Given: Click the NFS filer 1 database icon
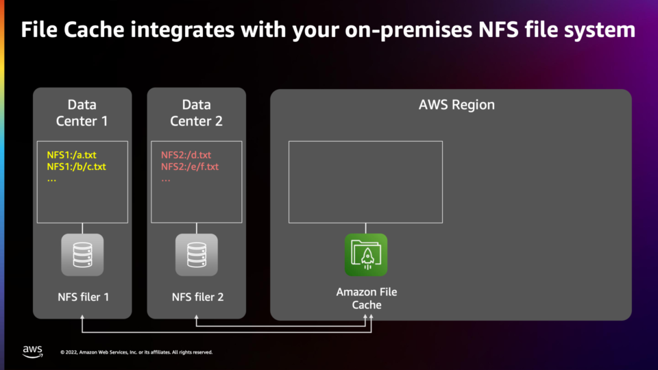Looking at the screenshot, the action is click(x=82, y=255).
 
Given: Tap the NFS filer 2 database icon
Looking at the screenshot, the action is click(x=197, y=255).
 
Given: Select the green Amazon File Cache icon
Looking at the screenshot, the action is click(x=366, y=255).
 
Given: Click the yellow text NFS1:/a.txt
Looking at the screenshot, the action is click(x=72, y=155).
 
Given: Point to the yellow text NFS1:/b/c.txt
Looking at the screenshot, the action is click(x=76, y=166).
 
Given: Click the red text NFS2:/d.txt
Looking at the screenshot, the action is click(x=186, y=155).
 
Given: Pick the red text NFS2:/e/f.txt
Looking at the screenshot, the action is click(x=190, y=166).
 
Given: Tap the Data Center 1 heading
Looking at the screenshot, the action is click(x=82, y=113).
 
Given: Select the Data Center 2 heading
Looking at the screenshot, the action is click(x=197, y=113).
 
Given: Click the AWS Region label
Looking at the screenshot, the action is click(x=456, y=105).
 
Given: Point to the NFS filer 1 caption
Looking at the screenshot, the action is click(x=83, y=297).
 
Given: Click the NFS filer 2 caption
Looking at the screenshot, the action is click(x=197, y=297).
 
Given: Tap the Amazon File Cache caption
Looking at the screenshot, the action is click(x=366, y=298).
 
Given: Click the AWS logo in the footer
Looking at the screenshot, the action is click(x=33, y=351).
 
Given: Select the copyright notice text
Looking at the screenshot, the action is click(x=136, y=352).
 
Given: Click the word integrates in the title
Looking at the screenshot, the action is click(x=182, y=29).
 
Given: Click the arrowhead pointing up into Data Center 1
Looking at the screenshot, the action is click(x=82, y=317).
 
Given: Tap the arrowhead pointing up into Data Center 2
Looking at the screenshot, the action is click(x=197, y=317).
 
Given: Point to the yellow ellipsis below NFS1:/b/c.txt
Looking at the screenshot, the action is click(x=51, y=180).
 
